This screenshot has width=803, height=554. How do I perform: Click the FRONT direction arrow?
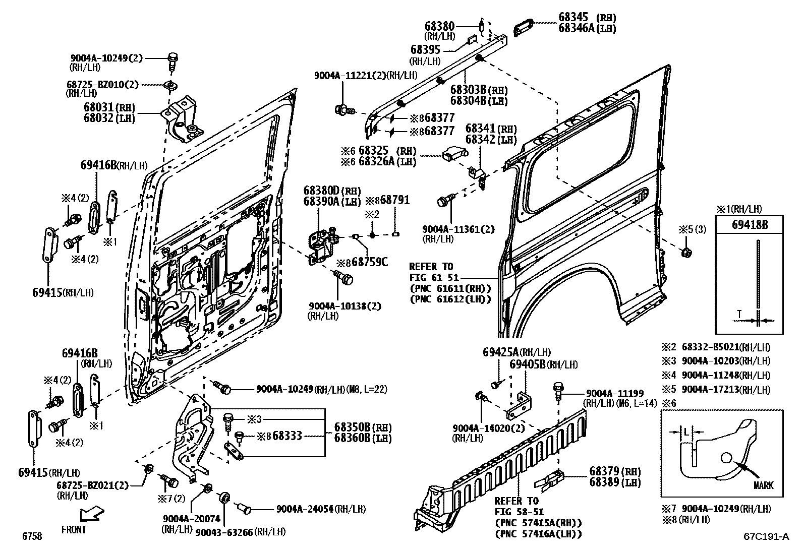pyautogui.click(x=91, y=515)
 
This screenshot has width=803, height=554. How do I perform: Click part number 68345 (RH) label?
pyautogui.click(x=587, y=18)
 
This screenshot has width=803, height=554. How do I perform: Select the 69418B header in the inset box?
pyautogui.click(x=750, y=225)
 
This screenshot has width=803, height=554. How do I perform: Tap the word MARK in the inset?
pyautogui.click(x=763, y=485)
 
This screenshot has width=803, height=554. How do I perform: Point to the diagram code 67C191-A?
pyautogui.click(x=766, y=537)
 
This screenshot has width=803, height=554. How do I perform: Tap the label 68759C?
pyautogui.click(x=370, y=262)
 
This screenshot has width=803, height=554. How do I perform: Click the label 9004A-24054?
pyautogui.click(x=305, y=509)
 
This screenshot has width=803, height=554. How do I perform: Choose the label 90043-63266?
pyautogui.click(x=224, y=532)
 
